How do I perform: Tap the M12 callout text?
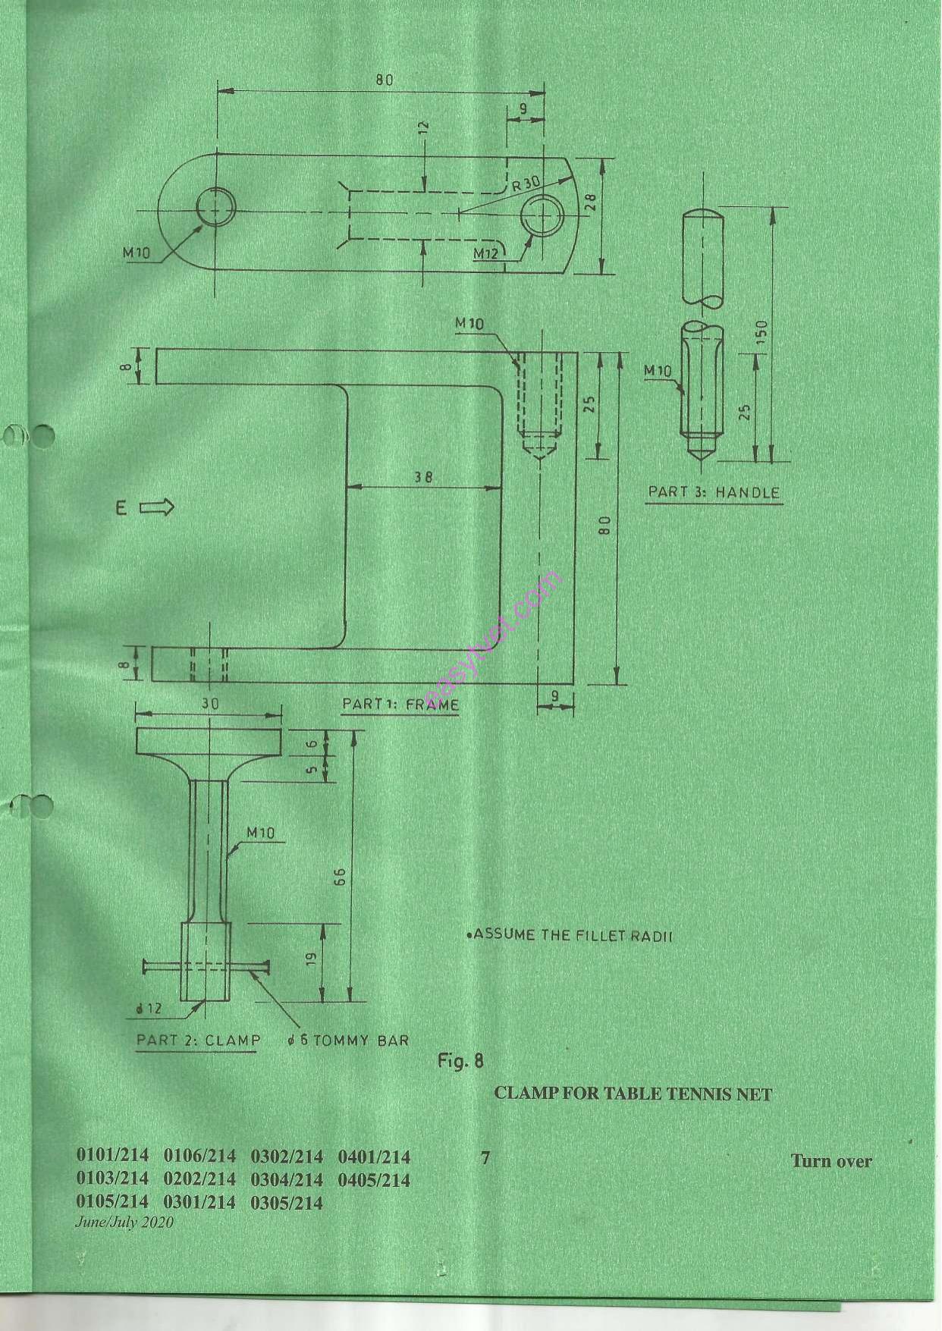coord(485,253)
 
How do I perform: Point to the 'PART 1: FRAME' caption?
coord(400,704)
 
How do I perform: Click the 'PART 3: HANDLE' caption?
coord(714,492)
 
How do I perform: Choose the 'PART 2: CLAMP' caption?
coord(198,1040)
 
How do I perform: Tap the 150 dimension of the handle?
coord(762,331)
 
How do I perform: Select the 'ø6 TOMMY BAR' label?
coord(348,1040)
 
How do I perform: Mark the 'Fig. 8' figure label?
coord(460,1059)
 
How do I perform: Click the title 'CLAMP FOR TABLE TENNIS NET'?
coord(633,1094)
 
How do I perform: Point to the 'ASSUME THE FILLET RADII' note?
coord(570,934)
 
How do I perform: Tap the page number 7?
coord(485,1158)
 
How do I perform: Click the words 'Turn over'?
coord(831,1161)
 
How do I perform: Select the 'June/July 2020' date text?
coord(124,1222)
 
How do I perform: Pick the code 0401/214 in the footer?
coord(374,1157)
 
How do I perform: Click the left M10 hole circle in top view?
coord(215,206)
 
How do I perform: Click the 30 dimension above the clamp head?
coord(209,704)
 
